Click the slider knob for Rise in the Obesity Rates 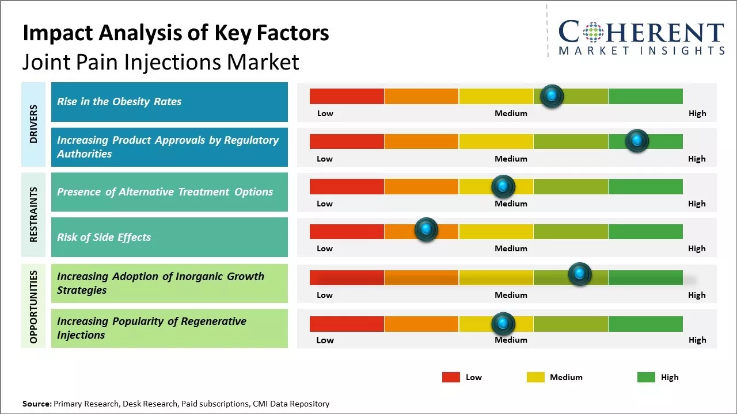(x=552, y=96)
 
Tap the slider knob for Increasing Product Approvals (x=637, y=141)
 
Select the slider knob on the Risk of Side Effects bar (x=426, y=229)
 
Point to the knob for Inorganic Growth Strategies (x=579, y=274)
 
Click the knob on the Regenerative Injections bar (x=503, y=324)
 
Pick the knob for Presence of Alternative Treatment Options (x=503, y=186)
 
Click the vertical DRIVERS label (x=33, y=124)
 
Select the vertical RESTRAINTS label (x=33, y=214)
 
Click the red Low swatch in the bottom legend (x=451, y=377)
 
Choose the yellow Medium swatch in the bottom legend (x=535, y=377)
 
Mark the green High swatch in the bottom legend (x=646, y=377)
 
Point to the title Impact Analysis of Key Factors (x=176, y=33)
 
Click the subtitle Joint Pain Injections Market (x=161, y=62)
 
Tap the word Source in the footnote (x=36, y=404)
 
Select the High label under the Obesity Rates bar (x=697, y=113)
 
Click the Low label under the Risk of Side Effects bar (x=325, y=248)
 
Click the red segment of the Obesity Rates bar (x=347, y=96)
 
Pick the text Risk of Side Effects (x=104, y=237)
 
